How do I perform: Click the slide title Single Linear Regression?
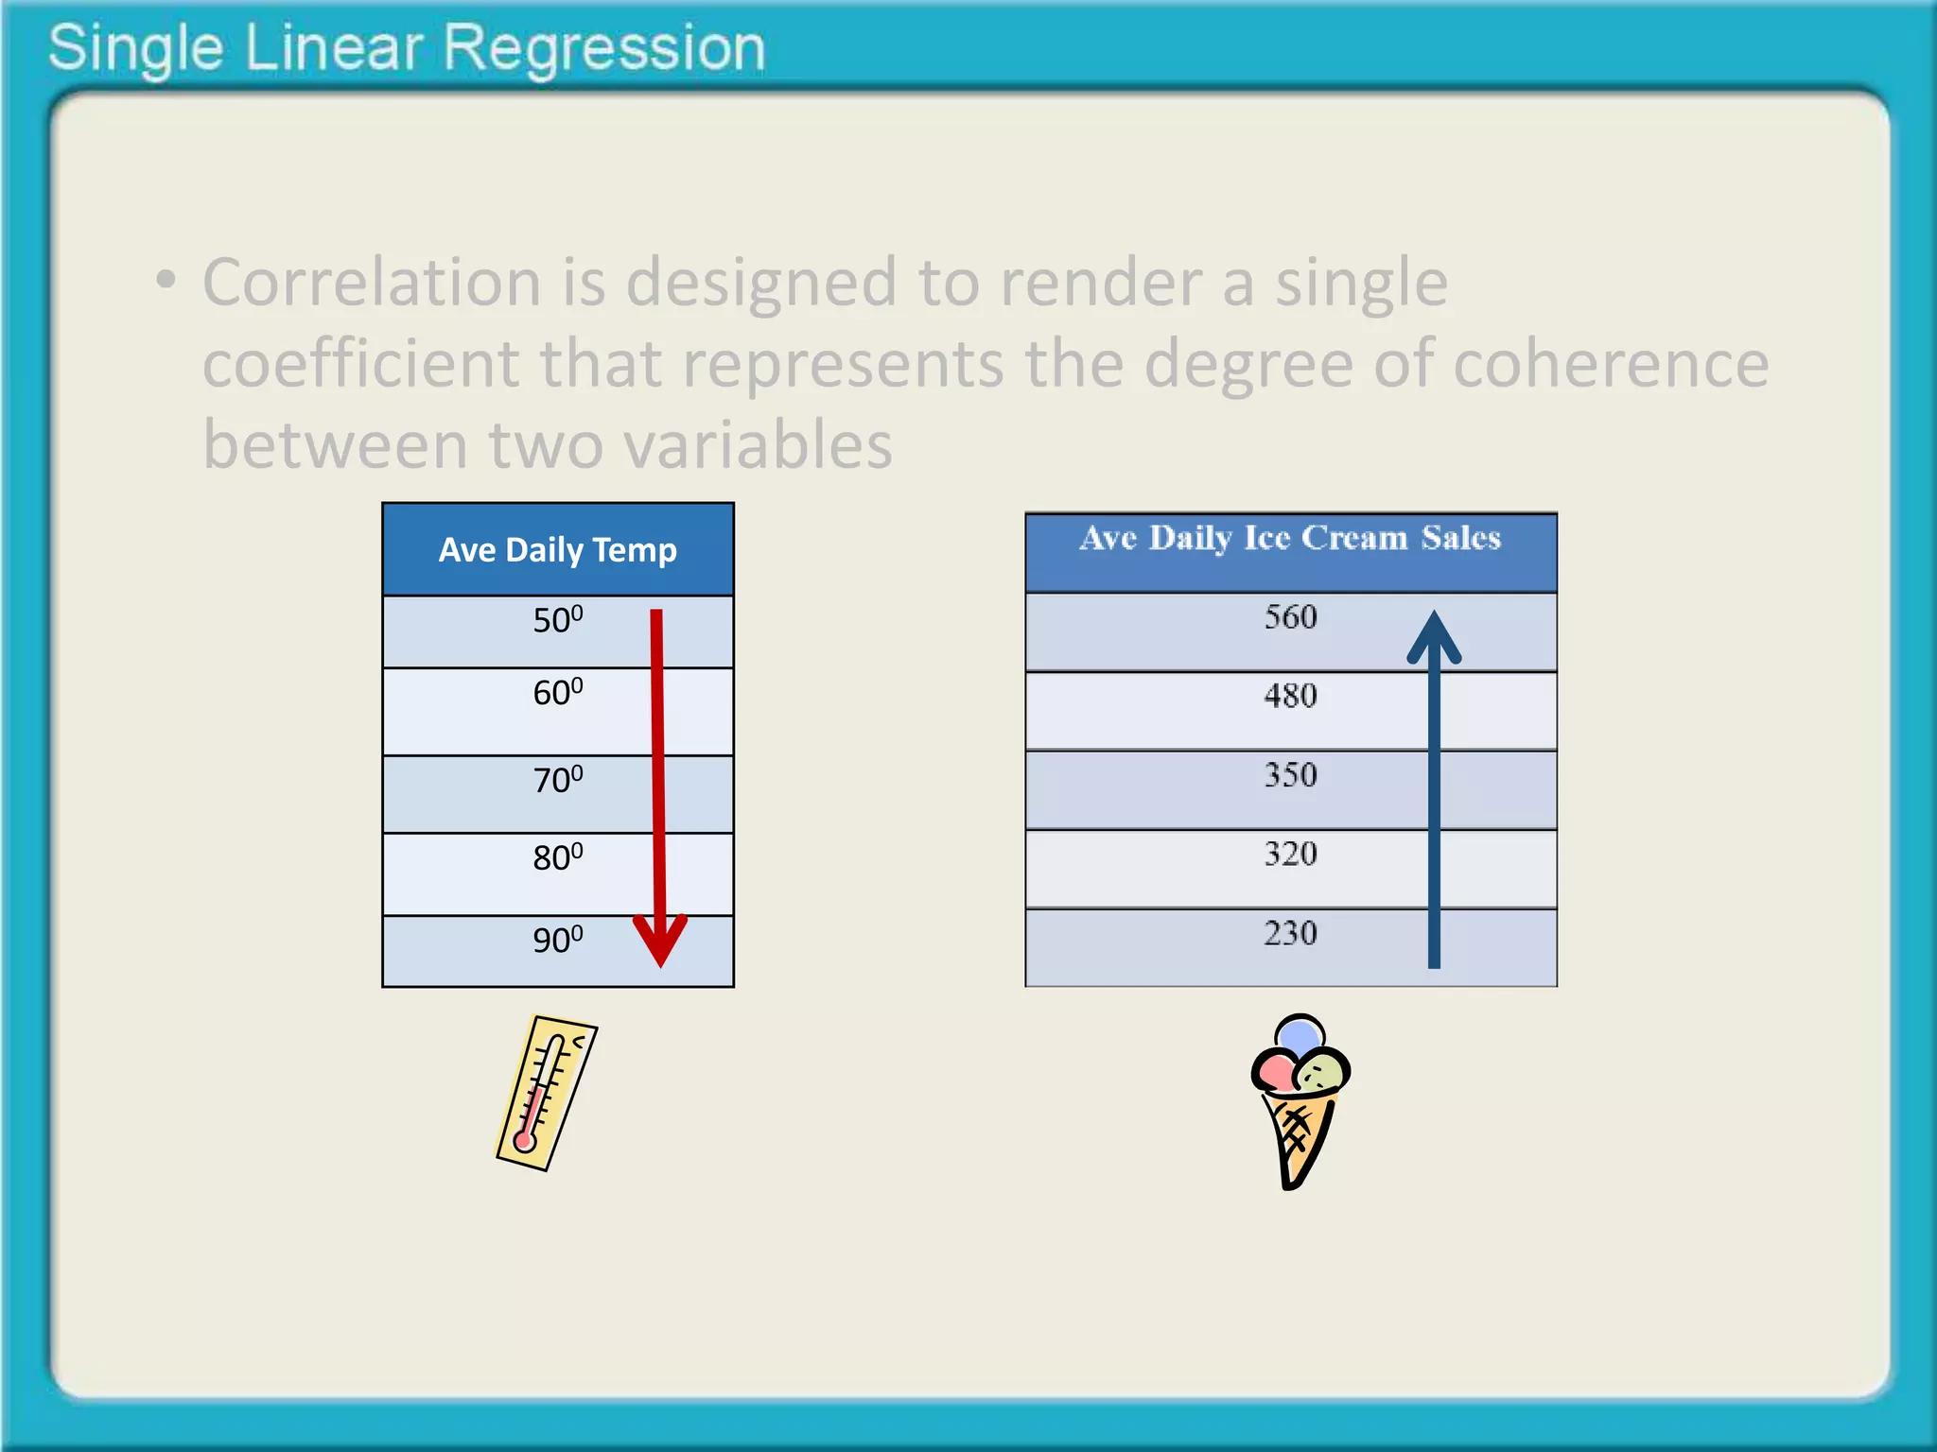[x=407, y=49]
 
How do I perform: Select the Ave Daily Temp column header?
[x=557, y=550]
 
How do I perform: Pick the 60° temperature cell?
[x=557, y=694]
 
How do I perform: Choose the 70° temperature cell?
[x=557, y=781]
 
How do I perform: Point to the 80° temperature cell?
[x=557, y=858]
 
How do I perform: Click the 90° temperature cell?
[x=557, y=941]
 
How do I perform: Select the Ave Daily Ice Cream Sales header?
[x=1290, y=539]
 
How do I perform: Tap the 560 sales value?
[x=1290, y=618]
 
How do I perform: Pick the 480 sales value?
[x=1290, y=697]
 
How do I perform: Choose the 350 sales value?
[x=1290, y=776]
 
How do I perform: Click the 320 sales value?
[x=1290, y=855]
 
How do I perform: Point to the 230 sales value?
[x=1290, y=934]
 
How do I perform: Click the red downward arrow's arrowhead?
[x=660, y=941]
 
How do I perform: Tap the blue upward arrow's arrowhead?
[x=1434, y=637]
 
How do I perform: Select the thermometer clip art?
[x=547, y=1093]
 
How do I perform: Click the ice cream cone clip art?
[x=1300, y=1102]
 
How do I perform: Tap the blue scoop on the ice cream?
[x=1300, y=1034]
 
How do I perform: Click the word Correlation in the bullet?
[x=371, y=283]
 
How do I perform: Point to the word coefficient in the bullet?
[x=360, y=364]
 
